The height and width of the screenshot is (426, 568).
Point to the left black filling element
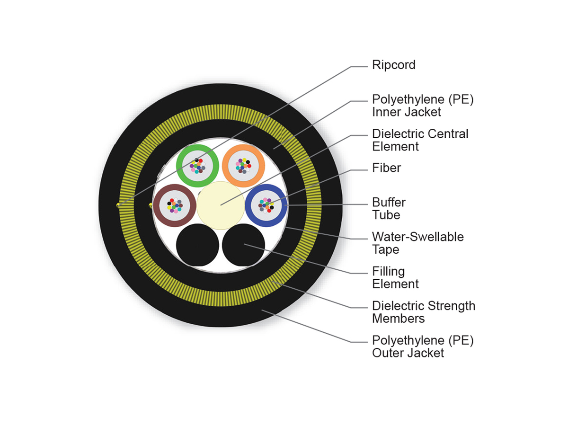(x=197, y=245)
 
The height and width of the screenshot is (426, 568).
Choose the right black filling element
(x=243, y=245)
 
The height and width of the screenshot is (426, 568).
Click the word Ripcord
(x=393, y=65)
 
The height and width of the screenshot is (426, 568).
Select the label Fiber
(x=386, y=168)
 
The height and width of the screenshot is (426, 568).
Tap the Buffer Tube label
(x=389, y=209)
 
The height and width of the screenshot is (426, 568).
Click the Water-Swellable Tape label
(x=417, y=243)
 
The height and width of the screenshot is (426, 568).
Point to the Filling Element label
(x=395, y=278)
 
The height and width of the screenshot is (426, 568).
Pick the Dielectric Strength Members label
(x=423, y=312)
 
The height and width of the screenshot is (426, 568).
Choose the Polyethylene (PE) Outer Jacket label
(x=422, y=346)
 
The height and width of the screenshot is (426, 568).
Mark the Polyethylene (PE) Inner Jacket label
(x=422, y=106)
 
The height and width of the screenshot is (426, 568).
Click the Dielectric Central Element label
(x=420, y=140)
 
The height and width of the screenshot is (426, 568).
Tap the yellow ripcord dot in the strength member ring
(x=118, y=205)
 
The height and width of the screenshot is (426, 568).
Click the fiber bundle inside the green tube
(x=197, y=165)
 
